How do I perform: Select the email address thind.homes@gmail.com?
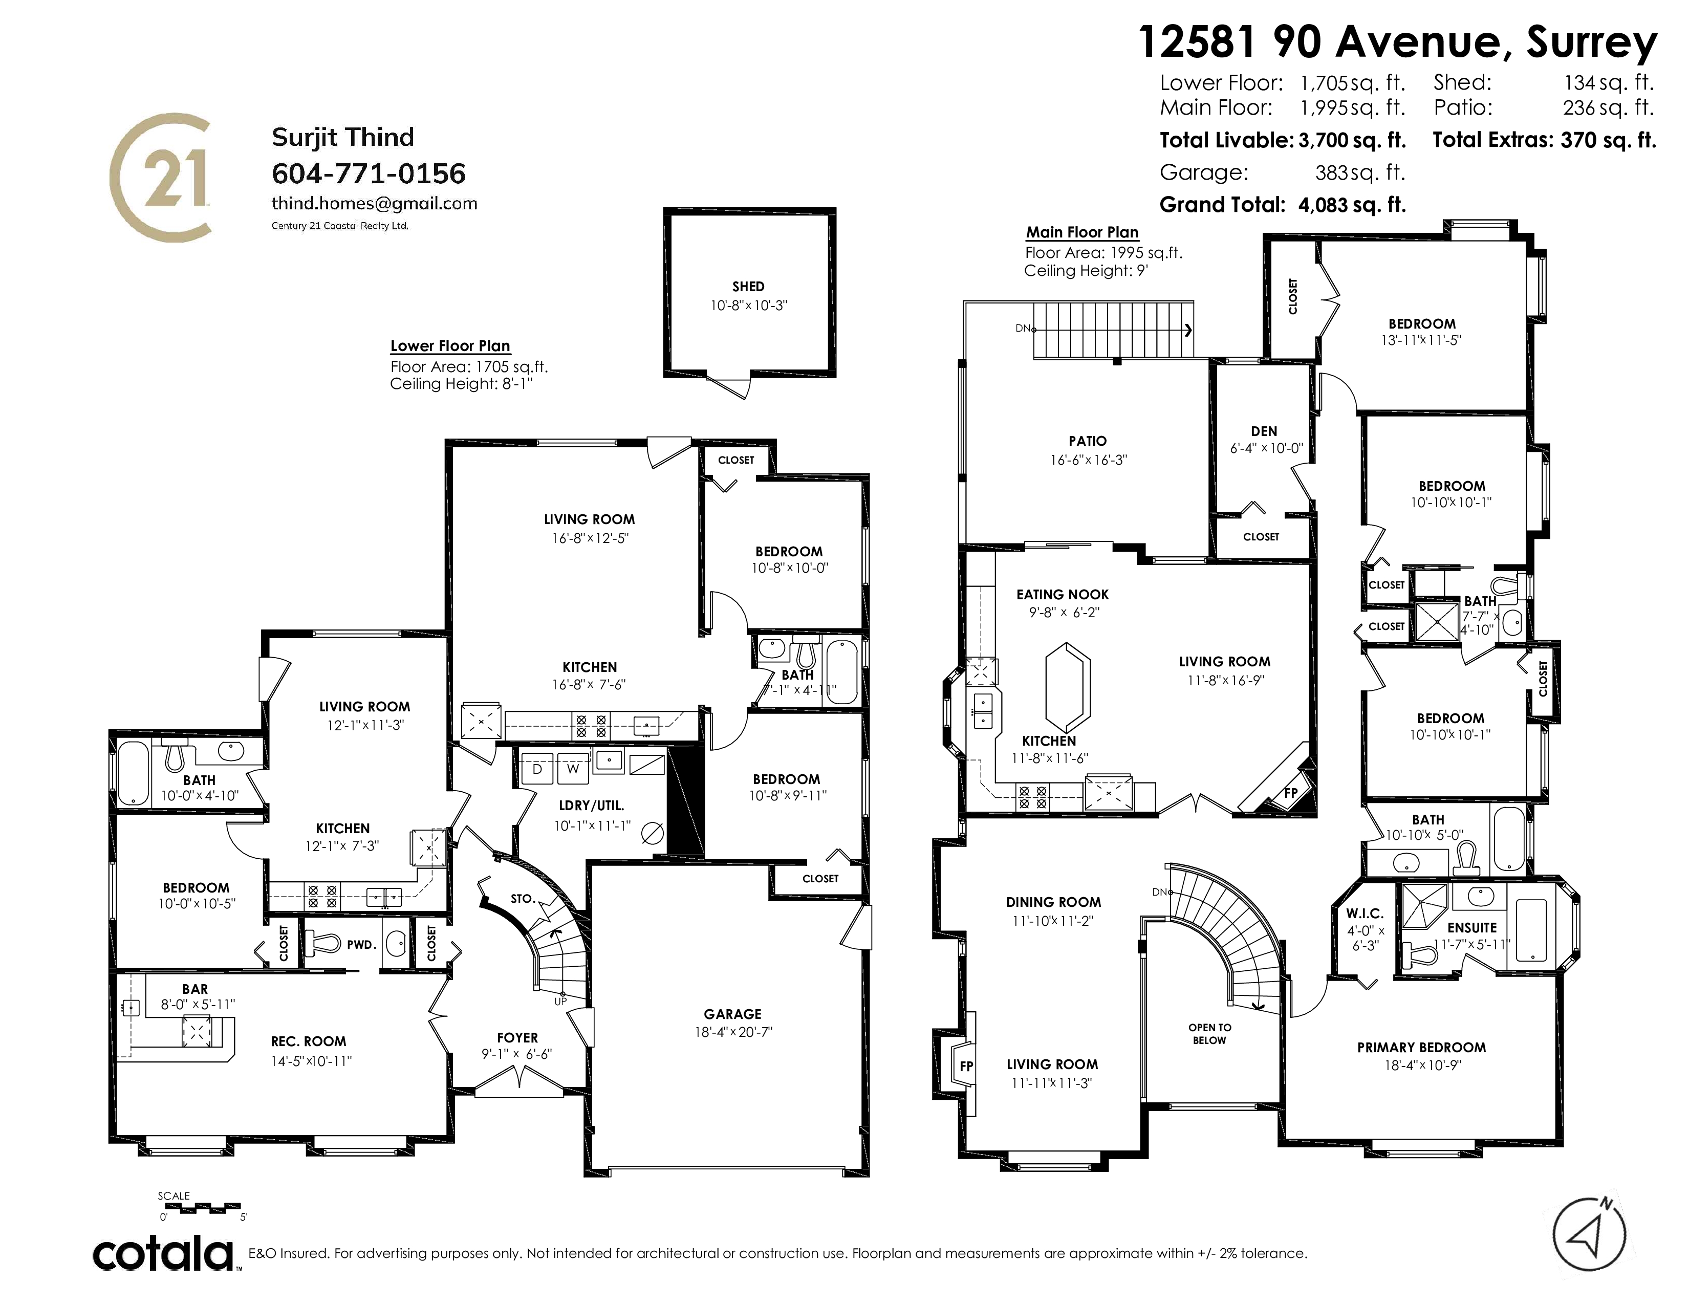374,203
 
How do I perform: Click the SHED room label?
748,287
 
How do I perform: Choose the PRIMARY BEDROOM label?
1421,1048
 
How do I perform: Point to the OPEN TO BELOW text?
1209,1034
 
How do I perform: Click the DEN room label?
1264,431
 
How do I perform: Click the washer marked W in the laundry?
572,769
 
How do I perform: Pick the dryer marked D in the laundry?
537,769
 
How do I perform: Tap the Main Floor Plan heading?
1082,232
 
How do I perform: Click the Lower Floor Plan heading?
450,345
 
